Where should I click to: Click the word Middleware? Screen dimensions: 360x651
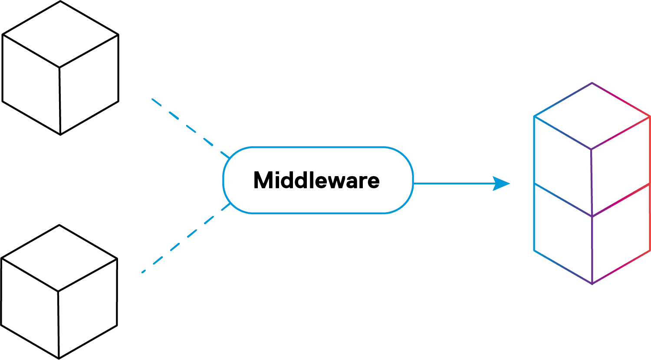316,180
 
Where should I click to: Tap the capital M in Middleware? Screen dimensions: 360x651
262,180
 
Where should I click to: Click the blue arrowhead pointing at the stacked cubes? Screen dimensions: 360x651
502,184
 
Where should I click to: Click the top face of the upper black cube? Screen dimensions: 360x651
60,34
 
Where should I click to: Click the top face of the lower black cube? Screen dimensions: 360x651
59,259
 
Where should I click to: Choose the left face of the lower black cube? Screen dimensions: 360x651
30,308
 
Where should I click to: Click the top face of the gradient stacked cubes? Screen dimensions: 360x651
592,116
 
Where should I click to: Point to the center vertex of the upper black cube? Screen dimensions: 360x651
59,68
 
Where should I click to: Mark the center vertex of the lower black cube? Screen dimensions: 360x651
58,291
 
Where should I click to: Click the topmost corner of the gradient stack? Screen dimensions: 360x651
592,83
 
